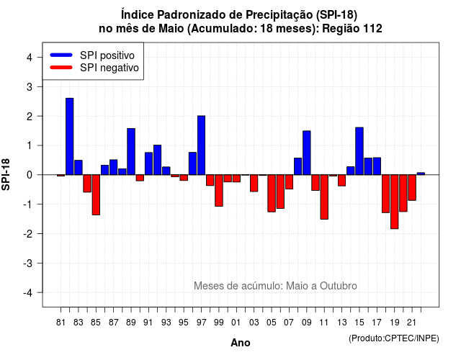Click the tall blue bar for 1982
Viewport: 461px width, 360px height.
point(70,136)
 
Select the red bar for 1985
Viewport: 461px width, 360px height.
point(96,195)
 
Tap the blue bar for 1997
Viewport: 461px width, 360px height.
point(202,145)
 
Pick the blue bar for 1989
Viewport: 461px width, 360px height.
point(131,152)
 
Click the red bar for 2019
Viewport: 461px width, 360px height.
point(395,202)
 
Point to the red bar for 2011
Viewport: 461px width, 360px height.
point(324,197)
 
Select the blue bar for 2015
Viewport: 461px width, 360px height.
point(359,151)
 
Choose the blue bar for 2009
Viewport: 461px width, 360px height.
point(307,153)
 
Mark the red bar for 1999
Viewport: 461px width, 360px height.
point(219,190)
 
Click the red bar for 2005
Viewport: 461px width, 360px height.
point(272,193)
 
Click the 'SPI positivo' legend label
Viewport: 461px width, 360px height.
point(107,55)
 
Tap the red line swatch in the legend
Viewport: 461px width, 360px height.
point(61,68)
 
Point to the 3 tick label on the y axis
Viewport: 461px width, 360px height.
point(30,86)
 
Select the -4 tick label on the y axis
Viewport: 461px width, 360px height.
point(28,292)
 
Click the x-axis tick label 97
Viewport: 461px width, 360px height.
point(202,323)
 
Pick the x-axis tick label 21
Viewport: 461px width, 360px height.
point(411,323)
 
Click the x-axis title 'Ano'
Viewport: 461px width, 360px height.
point(241,343)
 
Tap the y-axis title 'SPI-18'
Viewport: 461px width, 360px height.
point(6,174)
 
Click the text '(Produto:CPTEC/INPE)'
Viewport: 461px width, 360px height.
point(394,338)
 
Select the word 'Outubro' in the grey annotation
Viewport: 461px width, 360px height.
point(339,286)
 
